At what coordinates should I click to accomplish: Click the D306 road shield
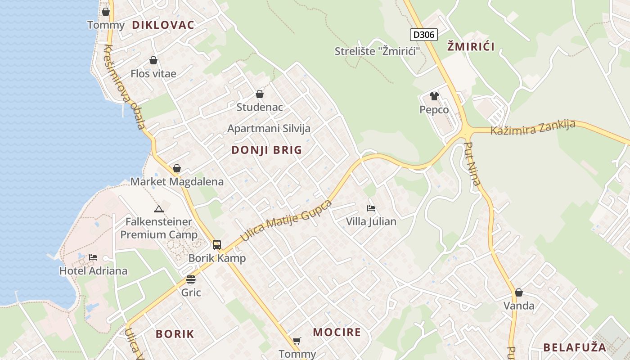(x=424, y=34)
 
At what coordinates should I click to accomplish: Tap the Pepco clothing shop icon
(x=434, y=96)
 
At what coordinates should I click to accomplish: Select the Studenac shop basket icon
(x=260, y=94)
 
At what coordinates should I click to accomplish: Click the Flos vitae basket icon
(x=153, y=60)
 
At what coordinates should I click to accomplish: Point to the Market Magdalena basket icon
(x=177, y=168)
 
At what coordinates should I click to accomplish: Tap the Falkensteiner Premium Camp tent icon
(x=158, y=209)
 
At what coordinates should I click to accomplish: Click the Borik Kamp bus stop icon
(x=217, y=245)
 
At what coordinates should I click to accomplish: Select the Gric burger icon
(x=191, y=279)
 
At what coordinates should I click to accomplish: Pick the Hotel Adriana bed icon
(x=93, y=257)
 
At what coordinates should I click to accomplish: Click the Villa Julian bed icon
(x=371, y=208)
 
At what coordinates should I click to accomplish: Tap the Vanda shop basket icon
(x=519, y=292)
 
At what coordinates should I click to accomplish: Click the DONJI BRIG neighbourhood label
(x=267, y=150)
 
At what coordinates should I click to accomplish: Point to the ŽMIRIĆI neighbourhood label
(x=470, y=46)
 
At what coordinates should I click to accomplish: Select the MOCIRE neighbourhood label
(x=337, y=333)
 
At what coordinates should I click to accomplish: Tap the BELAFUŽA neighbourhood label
(x=575, y=347)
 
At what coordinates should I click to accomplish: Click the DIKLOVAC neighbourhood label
(x=163, y=25)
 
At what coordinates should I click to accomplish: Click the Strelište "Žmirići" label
(x=377, y=51)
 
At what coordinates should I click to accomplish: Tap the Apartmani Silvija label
(x=269, y=129)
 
